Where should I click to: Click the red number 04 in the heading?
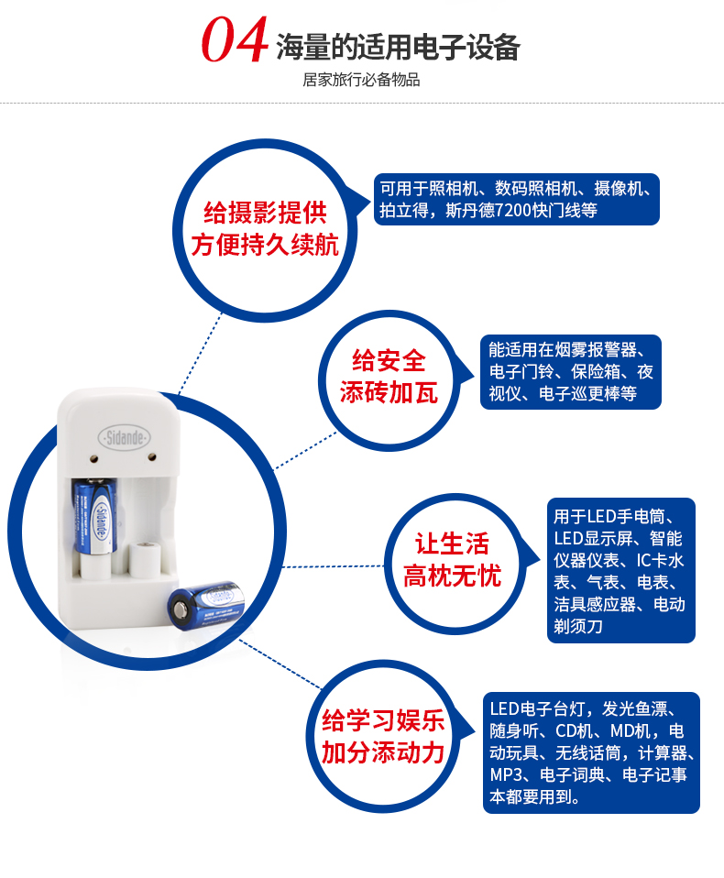click(236, 39)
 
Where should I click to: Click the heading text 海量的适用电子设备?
click(398, 47)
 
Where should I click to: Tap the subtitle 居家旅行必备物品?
click(361, 80)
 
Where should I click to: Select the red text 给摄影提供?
click(266, 213)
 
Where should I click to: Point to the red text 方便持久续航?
click(266, 246)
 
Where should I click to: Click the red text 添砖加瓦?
click(389, 392)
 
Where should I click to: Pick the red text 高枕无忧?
click(453, 576)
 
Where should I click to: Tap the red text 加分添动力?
click(383, 752)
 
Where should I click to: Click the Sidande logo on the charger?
click(125, 437)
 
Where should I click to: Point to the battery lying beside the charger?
click(206, 605)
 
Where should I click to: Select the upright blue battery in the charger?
click(94, 516)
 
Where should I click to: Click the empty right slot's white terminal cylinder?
click(145, 559)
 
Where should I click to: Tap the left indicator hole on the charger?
click(93, 459)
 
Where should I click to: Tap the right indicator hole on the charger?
click(151, 457)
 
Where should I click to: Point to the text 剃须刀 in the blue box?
click(578, 626)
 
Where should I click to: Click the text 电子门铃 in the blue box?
click(521, 372)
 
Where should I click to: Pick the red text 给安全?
click(389, 360)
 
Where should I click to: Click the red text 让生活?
click(452, 543)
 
